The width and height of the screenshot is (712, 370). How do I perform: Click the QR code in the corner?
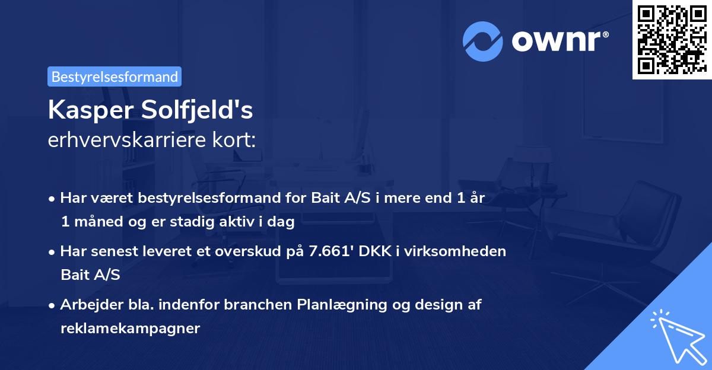tap(672, 39)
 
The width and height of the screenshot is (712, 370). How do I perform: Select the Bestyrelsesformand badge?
tap(115, 76)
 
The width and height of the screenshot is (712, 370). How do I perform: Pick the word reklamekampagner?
tap(130, 328)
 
